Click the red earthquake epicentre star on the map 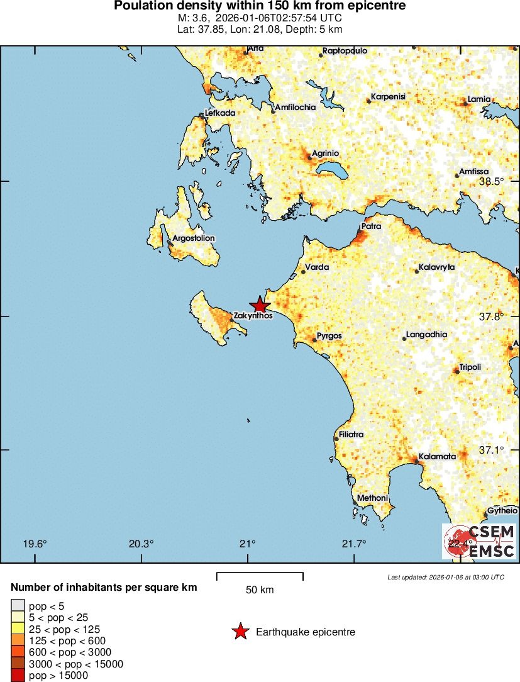[x=260, y=305]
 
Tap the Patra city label [x=371, y=226]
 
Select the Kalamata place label [x=437, y=457]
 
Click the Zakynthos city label [x=253, y=316]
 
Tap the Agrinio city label [x=326, y=154]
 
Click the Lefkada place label [x=220, y=113]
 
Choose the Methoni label [x=372, y=498]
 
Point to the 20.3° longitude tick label [x=141, y=544]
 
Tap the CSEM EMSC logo [x=479, y=541]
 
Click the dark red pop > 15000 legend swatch [x=17, y=675]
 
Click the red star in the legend [x=240, y=632]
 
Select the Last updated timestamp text [x=446, y=577]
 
